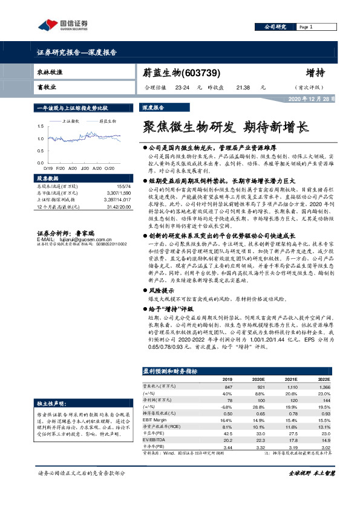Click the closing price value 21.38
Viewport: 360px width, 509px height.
pyautogui.click(x=243, y=88)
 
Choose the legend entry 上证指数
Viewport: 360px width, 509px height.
pyautogui.click(x=72, y=121)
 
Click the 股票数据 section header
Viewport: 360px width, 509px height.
pyautogui.click(x=48, y=179)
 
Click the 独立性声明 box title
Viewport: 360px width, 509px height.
pyautogui.click(x=52, y=402)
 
